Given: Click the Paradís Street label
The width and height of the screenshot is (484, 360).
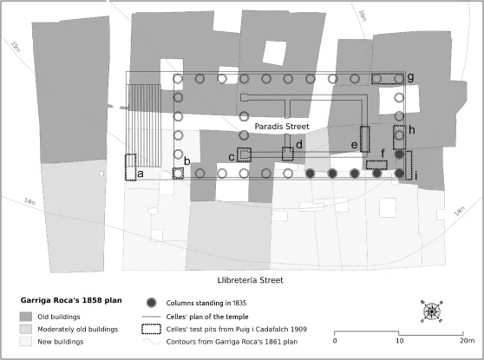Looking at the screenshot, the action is pos(282,127).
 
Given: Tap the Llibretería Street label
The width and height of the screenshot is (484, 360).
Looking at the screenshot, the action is pos(251,280).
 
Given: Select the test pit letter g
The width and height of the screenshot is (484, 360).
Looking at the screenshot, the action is pos(410,77).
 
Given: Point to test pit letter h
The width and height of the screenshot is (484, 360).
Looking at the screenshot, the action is pos(412,130).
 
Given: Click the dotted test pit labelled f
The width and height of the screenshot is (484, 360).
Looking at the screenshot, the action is pos(376,160).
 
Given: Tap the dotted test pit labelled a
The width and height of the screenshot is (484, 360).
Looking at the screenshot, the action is pos(126,167).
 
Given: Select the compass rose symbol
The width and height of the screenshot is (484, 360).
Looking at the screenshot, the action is pos(432,311).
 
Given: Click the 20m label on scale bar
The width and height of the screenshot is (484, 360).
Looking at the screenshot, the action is pos(467,341).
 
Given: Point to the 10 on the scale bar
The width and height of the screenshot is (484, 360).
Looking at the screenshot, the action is pos(399,341).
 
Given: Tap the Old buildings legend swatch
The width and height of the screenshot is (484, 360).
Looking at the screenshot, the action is pos(26,317).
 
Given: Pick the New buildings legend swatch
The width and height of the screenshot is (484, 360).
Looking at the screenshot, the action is pos(26,342).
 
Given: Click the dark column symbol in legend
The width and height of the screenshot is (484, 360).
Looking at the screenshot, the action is pos(151,303).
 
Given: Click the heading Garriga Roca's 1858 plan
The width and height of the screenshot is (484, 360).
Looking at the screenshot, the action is pos(71,300).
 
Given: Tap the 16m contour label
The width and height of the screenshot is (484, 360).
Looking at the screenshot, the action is pos(363,16).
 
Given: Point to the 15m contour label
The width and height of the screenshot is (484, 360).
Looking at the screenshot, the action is pos(16,47).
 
